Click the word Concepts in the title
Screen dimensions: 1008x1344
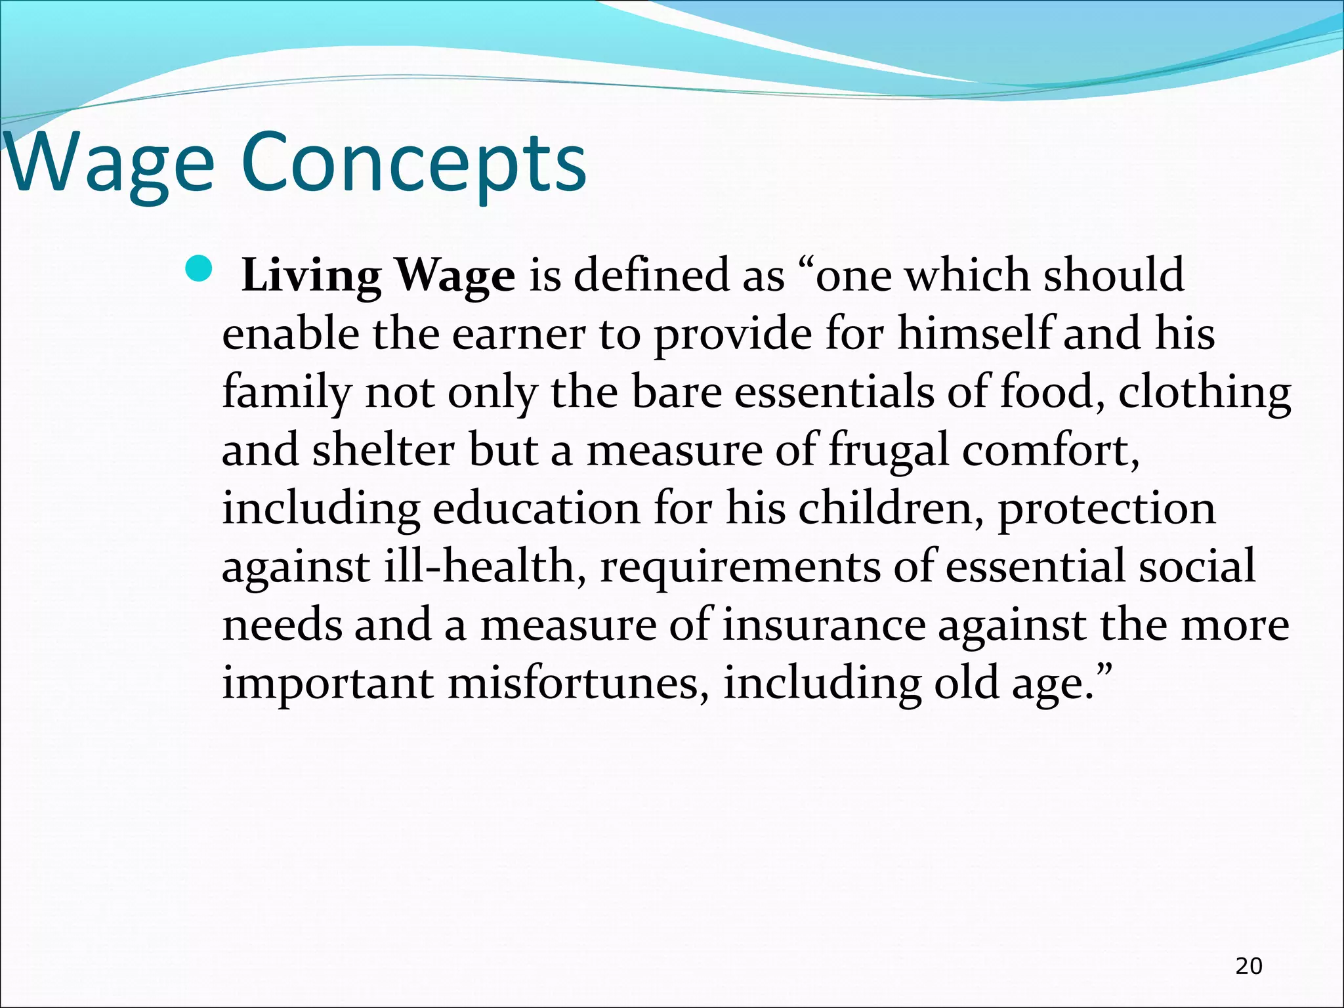pos(413,164)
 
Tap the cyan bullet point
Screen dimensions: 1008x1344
pos(198,268)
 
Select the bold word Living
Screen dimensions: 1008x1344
pos(312,276)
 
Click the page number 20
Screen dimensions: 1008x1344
pos(1248,966)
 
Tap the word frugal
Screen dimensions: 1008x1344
pos(889,451)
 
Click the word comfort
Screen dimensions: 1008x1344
pos(1050,451)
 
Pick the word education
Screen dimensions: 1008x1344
pos(535,509)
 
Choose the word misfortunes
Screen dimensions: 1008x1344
pos(578,683)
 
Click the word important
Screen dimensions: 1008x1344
pos(327,684)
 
